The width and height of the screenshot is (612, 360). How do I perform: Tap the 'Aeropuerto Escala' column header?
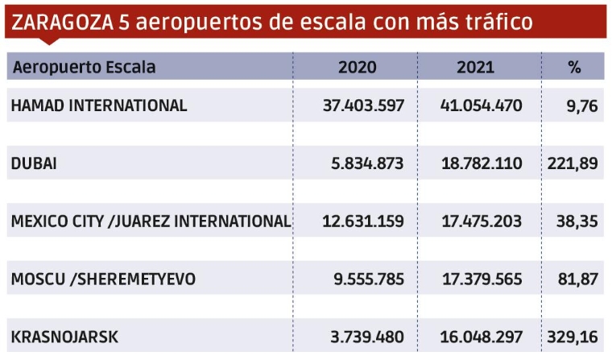(x=84, y=67)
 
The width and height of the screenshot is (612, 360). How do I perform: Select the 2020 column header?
(x=358, y=67)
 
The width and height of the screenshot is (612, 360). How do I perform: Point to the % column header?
(x=574, y=67)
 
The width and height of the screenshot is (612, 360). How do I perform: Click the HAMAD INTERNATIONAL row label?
(x=99, y=105)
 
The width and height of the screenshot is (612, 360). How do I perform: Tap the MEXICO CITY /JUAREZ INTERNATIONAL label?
(x=151, y=221)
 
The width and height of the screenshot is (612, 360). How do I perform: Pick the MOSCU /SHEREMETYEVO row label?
(x=103, y=279)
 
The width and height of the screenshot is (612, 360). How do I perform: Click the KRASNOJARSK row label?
(x=64, y=337)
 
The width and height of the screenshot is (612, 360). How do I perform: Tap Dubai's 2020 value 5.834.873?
(x=361, y=163)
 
